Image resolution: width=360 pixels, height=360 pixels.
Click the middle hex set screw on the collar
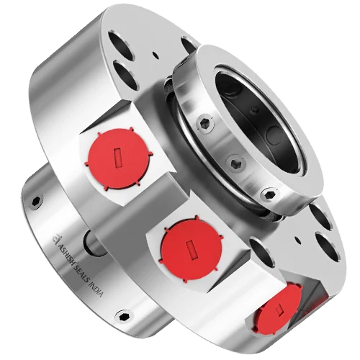[x=235, y=163]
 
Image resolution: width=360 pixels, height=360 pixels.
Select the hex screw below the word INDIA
[x=123, y=315]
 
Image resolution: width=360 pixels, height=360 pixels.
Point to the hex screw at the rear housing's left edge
[x=33, y=202]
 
